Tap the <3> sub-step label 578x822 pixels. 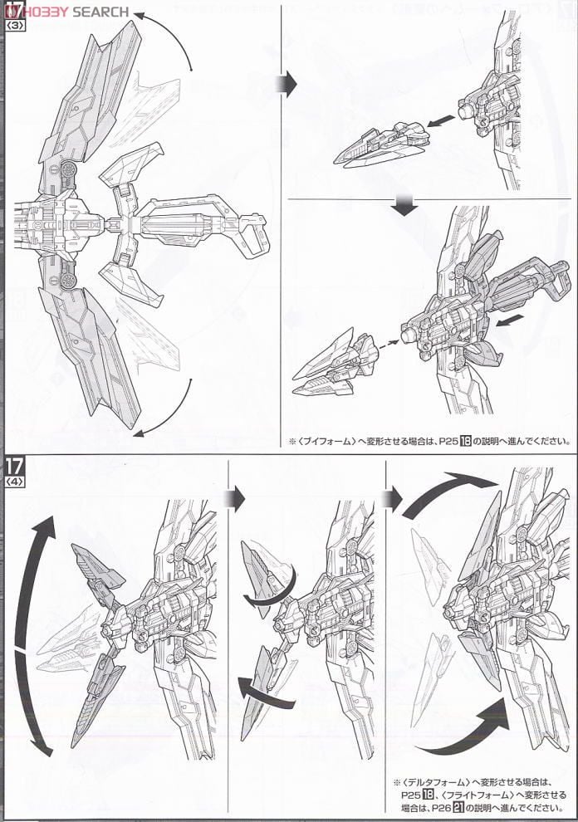(15, 26)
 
